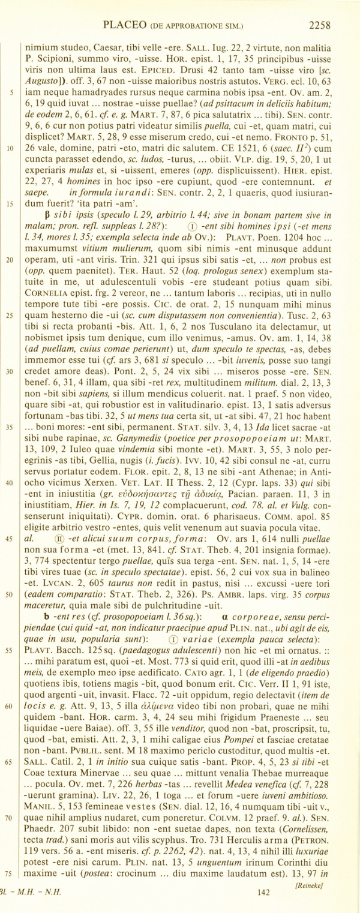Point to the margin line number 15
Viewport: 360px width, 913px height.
tap(11, 203)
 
